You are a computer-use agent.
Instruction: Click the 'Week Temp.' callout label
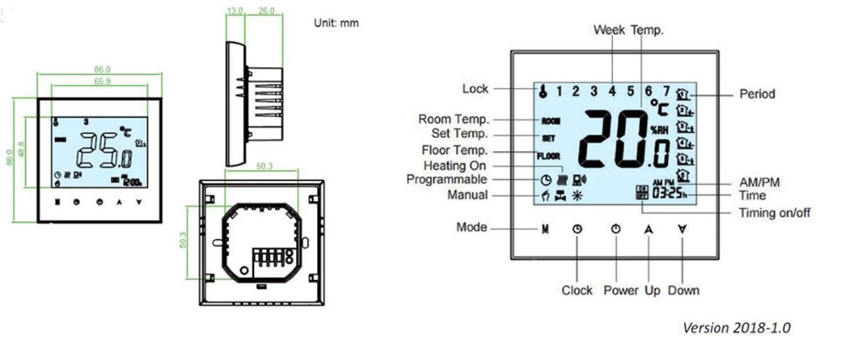629,30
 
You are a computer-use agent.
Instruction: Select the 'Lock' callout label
475,89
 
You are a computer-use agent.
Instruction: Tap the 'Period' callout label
757,94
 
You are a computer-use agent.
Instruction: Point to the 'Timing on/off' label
775,213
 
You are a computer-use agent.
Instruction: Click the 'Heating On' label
456,166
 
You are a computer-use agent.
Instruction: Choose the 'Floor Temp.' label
453,151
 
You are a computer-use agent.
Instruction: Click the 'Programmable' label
447,179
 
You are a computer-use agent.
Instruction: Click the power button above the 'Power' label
616,228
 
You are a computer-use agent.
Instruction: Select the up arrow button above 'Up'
648,228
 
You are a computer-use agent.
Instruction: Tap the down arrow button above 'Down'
682,228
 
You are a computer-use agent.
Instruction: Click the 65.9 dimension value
102,81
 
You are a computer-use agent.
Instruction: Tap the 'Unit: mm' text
336,23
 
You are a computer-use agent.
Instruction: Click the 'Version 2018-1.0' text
737,327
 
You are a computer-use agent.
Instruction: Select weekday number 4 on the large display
612,90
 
